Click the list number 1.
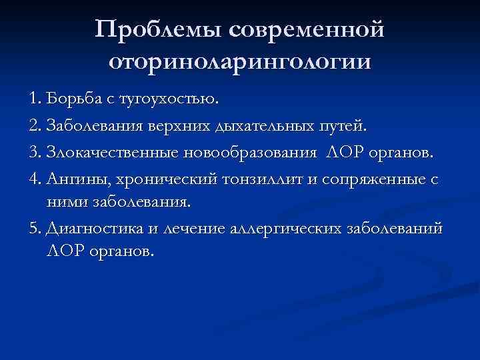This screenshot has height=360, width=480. (x=35, y=99)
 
